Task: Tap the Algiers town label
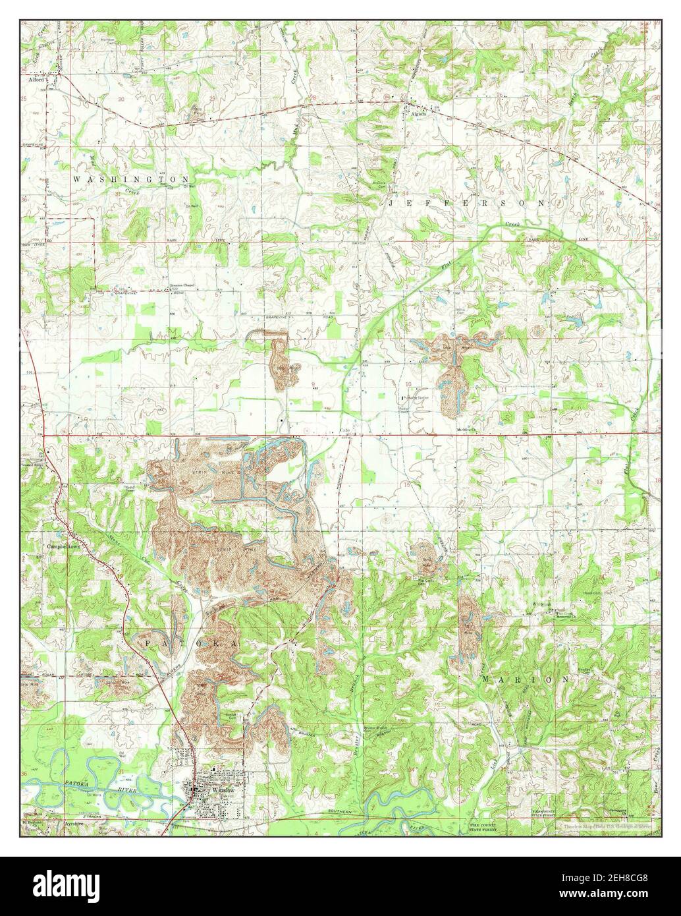tap(420, 113)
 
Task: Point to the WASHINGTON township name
tap(131, 179)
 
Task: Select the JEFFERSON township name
tap(467, 204)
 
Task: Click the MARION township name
tap(524, 678)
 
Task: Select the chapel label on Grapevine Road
tap(182, 286)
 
